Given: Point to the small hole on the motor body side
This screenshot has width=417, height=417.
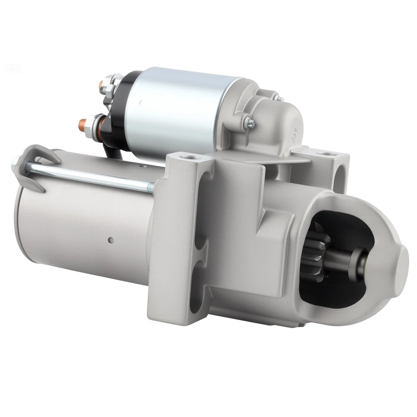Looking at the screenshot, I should click(x=111, y=239).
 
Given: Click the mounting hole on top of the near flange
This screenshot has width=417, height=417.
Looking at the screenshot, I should click(x=187, y=156).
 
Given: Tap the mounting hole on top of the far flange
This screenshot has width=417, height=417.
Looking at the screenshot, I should click(x=324, y=153).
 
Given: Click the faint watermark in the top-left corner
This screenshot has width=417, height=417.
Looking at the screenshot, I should click(x=9, y=68).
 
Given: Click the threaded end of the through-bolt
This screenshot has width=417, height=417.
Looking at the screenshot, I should click(x=150, y=187).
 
